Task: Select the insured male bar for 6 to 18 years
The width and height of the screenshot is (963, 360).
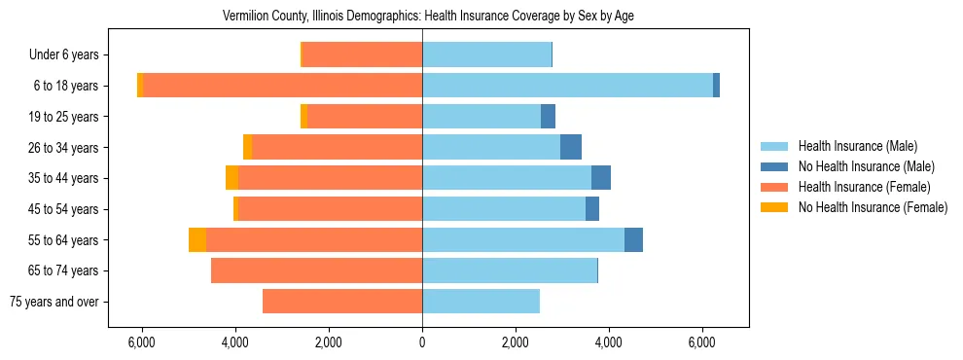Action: [x=567, y=86]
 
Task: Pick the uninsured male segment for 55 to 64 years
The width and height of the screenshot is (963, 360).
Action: [x=633, y=239]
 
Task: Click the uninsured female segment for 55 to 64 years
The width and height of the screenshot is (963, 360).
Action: [x=197, y=239]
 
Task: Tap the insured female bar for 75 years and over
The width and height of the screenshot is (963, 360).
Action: [x=342, y=302]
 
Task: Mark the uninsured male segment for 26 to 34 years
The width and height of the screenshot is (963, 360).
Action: [x=571, y=147]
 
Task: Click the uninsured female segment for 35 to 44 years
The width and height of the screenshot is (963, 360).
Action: [x=232, y=178]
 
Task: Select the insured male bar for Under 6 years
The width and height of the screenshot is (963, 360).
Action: [x=486, y=55]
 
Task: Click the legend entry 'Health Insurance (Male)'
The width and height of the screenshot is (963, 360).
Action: [x=857, y=146]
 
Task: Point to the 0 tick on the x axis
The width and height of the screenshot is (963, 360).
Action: [x=422, y=342]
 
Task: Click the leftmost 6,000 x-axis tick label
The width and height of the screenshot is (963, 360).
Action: [x=142, y=342]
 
